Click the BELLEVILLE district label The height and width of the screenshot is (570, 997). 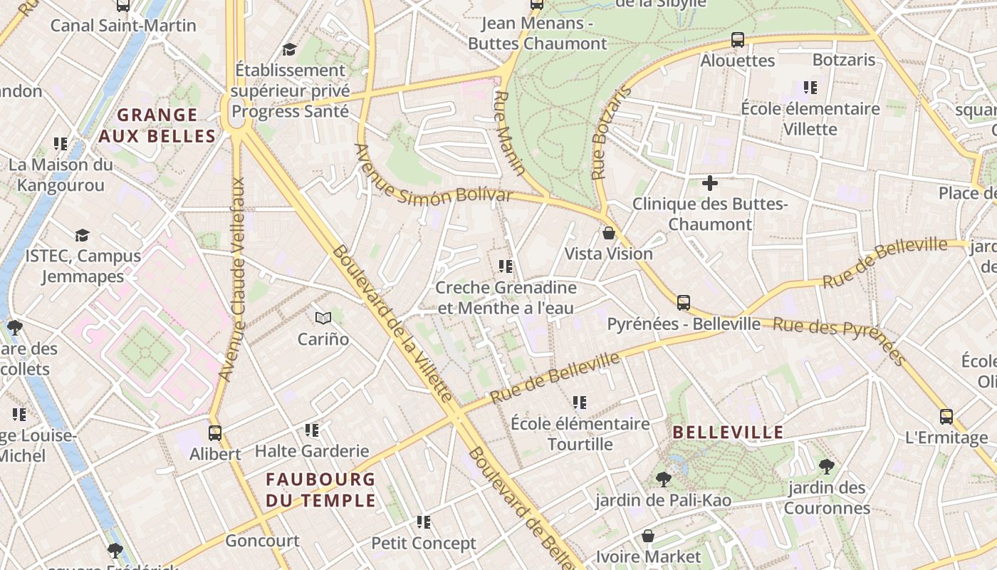pyautogui.click(x=728, y=432)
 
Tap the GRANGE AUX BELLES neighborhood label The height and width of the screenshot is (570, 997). pyautogui.click(x=157, y=125)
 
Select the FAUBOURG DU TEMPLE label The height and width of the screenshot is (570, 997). pyautogui.click(x=320, y=489)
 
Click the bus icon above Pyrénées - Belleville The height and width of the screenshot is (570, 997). pyautogui.click(x=684, y=303)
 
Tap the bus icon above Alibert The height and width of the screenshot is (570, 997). pyautogui.click(x=215, y=432)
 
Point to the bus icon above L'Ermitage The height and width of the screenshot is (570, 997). pyautogui.click(x=946, y=417)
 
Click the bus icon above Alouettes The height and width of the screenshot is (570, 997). pyautogui.click(x=738, y=40)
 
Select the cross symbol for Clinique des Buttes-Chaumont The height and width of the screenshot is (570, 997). pyautogui.click(x=710, y=183)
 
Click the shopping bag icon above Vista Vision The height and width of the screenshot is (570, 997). pyautogui.click(x=609, y=233)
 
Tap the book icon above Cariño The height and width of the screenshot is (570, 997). pyautogui.click(x=323, y=318)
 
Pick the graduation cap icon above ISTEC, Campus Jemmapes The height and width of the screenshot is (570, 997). pyautogui.click(x=83, y=235)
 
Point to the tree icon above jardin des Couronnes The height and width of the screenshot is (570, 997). pyautogui.click(x=827, y=467)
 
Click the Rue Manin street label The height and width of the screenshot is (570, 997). pyautogui.click(x=509, y=133)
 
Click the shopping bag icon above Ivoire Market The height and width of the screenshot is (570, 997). pyautogui.click(x=648, y=536)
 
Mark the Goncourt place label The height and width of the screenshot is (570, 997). pyautogui.click(x=262, y=541)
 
